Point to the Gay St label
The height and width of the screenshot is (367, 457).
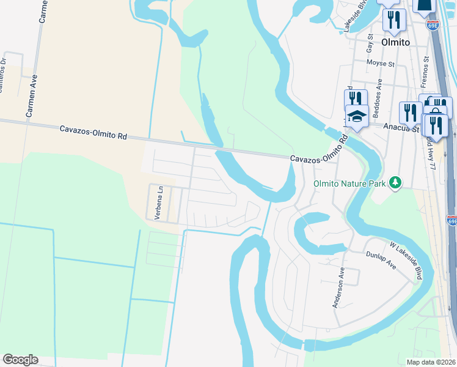pyautogui.click(x=369, y=43)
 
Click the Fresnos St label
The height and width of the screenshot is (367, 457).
pyautogui.click(x=426, y=73)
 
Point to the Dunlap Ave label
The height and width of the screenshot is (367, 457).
pyautogui.click(x=381, y=261)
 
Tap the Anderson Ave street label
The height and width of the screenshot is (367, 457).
pyautogui.click(x=337, y=288)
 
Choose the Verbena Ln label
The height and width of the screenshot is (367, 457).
pyautogui.click(x=158, y=204)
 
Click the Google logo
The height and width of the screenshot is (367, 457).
pyautogui.click(x=20, y=360)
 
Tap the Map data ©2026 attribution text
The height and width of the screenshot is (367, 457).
pyautogui.click(x=431, y=362)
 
